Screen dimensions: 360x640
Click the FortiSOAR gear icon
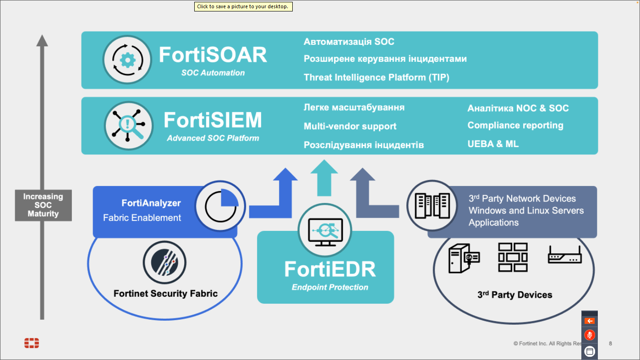click(127, 60)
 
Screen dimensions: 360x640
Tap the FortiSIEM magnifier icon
click(128, 126)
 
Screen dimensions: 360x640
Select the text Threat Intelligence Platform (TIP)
click(376, 77)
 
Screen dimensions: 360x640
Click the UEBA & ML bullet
click(493, 144)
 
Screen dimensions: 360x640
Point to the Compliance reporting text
click(515, 125)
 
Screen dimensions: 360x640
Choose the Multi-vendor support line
click(350, 126)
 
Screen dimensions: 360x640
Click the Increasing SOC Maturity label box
click(43, 205)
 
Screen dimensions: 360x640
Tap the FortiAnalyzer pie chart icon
click(221, 206)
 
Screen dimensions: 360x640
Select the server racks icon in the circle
click(431, 205)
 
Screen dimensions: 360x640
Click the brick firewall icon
click(513, 257)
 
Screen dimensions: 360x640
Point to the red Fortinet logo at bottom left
click(32, 343)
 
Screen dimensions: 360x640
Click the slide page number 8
click(610, 344)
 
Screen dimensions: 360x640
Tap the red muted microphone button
click(590, 335)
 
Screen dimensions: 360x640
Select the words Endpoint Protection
click(330, 288)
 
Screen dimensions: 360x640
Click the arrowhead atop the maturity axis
click(42, 40)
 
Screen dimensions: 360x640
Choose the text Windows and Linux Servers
click(526, 211)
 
